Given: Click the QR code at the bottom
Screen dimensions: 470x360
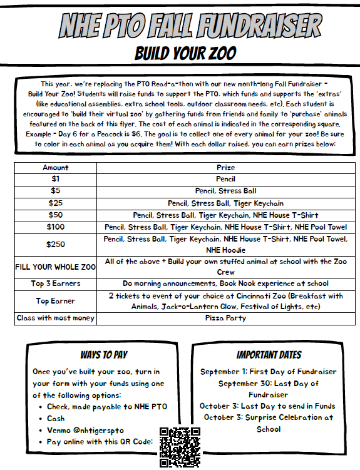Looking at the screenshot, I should pyautogui.click(x=180, y=447).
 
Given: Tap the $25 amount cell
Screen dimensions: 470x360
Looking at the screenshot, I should pyautogui.click(x=56, y=203).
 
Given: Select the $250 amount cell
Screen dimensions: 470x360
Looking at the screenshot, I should pyautogui.click(x=56, y=244).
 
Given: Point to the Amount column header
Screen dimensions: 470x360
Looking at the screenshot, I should pyautogui.click(x=56, y=168).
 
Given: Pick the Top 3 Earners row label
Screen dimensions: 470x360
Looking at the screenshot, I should pyautogui.click(x=56, y=284).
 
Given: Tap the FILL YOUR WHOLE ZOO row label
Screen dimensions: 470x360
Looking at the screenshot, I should pyautogui.click(x=56, y=267).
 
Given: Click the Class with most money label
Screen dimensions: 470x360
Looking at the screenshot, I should pyautogui.click(x=56, y=318).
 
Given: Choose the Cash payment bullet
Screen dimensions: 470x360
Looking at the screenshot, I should pyautogui.click(x=56, y=419).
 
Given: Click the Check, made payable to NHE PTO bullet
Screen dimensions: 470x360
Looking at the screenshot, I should pyautogui.click(x=106, y=407).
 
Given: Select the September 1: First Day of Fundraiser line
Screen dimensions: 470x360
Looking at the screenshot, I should pyautogui.click(x=268, y=372).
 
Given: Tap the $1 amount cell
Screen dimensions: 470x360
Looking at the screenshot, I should pyautogui.click(x=56, y=179).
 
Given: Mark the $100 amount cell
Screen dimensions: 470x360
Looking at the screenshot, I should pyautogui.click(x=56, y=227).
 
